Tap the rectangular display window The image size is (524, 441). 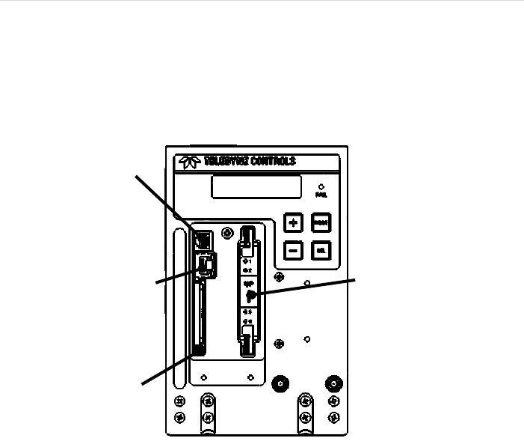coord(256,187)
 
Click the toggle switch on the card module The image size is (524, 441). coord(250,294)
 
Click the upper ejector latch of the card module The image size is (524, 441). coord(247,247)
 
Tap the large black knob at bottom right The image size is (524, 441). coord(330,383)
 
